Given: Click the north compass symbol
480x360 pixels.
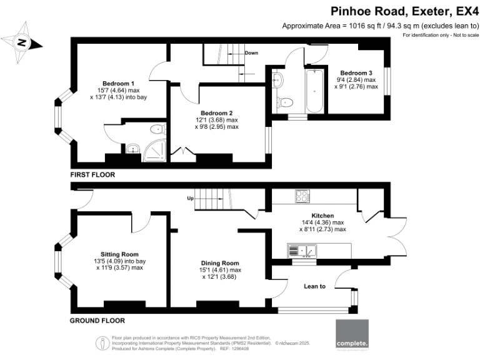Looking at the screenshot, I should coord(23,42).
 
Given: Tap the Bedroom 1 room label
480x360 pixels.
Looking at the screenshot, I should coord(118,83).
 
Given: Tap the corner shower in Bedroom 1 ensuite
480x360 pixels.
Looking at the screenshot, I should coord(154,151).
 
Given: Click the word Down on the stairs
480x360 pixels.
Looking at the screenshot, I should coord(251,53).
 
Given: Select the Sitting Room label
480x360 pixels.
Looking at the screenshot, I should coord(120,254).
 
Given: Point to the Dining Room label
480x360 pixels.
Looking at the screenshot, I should coord(220,263).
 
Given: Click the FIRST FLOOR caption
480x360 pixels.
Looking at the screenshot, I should coord(92,175).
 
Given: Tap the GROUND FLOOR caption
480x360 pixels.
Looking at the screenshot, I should coord(97,321).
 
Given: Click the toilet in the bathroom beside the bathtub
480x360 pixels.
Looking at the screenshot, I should coord(286,102).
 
